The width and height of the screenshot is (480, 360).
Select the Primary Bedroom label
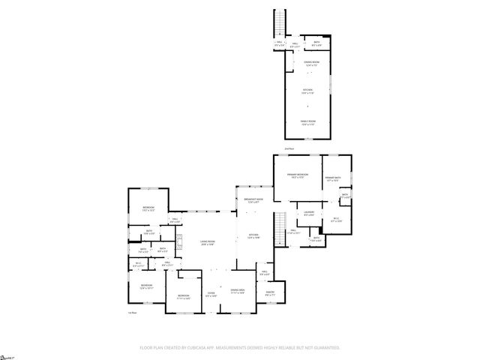(298, 175)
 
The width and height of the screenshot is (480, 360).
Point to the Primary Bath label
(333, 178)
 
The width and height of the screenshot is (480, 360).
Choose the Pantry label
(269, 293)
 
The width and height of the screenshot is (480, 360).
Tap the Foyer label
(211, 294)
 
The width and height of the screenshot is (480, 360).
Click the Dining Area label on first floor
(238, 291)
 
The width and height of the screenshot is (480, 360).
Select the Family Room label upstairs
(308, 122)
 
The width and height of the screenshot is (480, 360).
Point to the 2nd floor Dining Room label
(308, 63)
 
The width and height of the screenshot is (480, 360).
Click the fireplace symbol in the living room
(179, 241)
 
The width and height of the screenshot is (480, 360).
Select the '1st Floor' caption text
(133, 312)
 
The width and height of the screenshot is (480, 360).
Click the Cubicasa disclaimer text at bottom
(240, 347)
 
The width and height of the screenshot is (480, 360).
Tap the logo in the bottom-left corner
(7, 353)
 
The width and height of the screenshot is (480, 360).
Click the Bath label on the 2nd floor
(316, 43)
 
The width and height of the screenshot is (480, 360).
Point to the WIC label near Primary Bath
(337, 220)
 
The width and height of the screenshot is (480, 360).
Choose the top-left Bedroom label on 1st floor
(148, 208)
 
